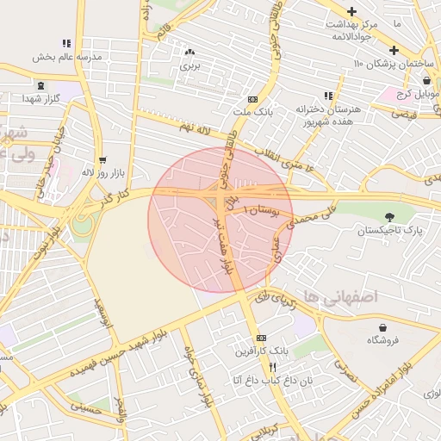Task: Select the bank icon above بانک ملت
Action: click(252, 100)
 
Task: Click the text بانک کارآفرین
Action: click(262, 351)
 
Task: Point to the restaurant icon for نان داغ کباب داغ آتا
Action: click(249, 366)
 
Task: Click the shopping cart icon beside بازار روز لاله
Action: click(103, 160)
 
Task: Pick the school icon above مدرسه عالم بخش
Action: click(66, 43)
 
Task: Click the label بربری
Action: click(189, 65)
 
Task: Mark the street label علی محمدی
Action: click(295, 220)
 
